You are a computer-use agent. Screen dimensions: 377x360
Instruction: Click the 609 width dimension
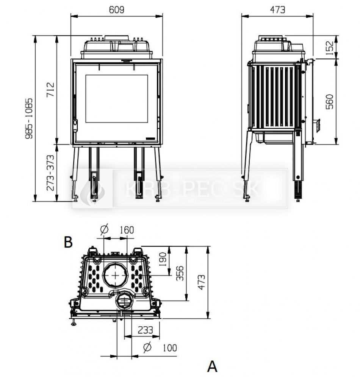(x=117, y=10)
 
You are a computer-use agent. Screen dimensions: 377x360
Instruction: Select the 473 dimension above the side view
(x=278, y=10)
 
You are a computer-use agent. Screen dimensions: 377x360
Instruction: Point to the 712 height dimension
(x=50, y=90)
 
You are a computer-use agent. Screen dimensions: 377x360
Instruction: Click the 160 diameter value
(x=127, y=230)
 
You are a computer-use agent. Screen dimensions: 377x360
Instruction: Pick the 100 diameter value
(x=169, y=347)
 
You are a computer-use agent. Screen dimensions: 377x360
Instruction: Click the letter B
(x=68, y=242)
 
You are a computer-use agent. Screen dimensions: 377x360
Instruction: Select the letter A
(x=213, y=366)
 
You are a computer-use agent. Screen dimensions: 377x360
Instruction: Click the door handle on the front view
(x=75, y=123)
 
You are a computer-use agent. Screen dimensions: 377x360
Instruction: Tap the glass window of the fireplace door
(x=117, y=98)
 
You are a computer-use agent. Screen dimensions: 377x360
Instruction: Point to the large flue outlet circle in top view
(x=115, y=275)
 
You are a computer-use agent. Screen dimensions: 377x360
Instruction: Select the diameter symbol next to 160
(x=105, y=229)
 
